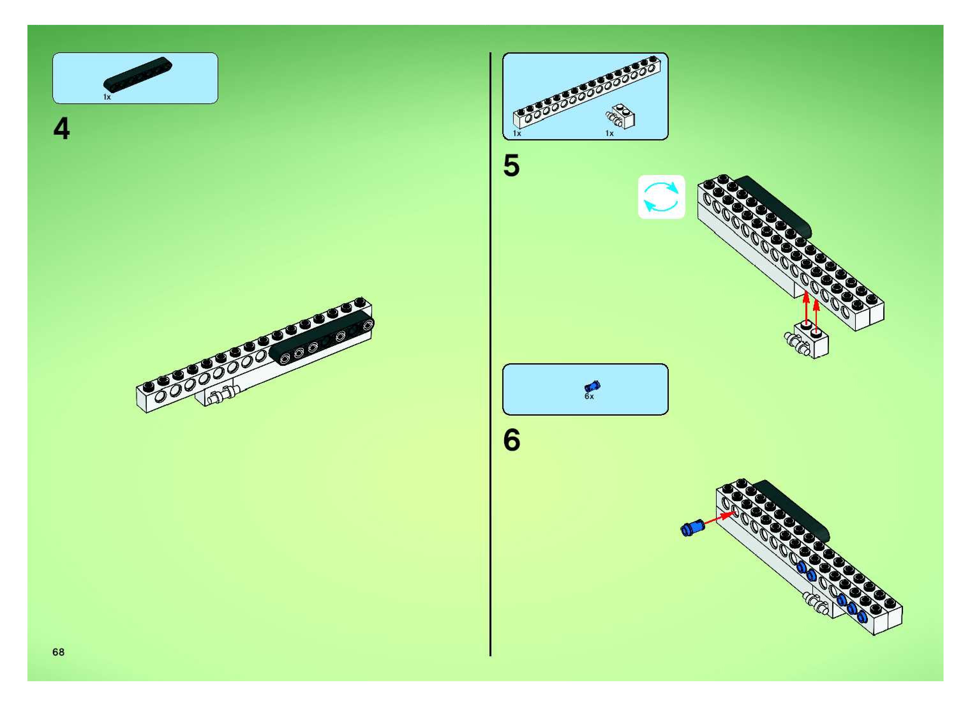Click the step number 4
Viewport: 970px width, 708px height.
coord(62,129)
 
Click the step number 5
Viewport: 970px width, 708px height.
coord(511,166)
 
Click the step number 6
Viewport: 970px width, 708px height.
coord(511,440)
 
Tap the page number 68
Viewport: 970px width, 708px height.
coord(58,652)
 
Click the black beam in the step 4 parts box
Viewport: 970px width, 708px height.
coord(138,74)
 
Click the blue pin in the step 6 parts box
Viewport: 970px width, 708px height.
coord(592,386)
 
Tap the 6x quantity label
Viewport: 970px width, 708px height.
coord(589,397)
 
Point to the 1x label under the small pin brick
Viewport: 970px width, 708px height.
coord(609,134)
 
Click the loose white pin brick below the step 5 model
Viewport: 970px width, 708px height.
coord(807,342)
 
